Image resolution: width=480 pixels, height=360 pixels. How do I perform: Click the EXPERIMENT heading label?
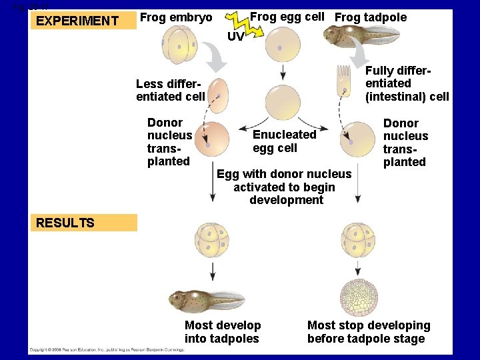[77, 21]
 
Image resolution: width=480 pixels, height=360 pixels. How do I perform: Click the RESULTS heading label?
[65, 223]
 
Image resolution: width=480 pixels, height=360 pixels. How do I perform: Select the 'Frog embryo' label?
[176, 17]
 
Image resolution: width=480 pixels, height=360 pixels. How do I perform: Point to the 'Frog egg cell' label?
[287, 17]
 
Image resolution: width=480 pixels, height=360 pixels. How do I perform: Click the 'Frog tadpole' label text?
[371, 17]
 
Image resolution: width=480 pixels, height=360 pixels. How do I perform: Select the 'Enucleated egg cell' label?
[285, 141]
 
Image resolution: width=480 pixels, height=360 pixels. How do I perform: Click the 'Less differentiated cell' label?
[170, 90]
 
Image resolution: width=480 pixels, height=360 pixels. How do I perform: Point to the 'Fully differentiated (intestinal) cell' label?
[407, 83]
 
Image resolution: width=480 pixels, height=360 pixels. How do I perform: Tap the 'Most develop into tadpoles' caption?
[223, 332]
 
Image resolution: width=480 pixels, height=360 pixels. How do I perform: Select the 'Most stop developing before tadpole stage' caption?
[369, 332]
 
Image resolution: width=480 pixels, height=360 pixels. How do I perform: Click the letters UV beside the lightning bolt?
[235, 37]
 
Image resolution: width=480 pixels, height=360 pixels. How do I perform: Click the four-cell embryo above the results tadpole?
[212, 241]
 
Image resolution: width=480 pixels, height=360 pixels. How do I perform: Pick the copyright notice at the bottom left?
[107, 349]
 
